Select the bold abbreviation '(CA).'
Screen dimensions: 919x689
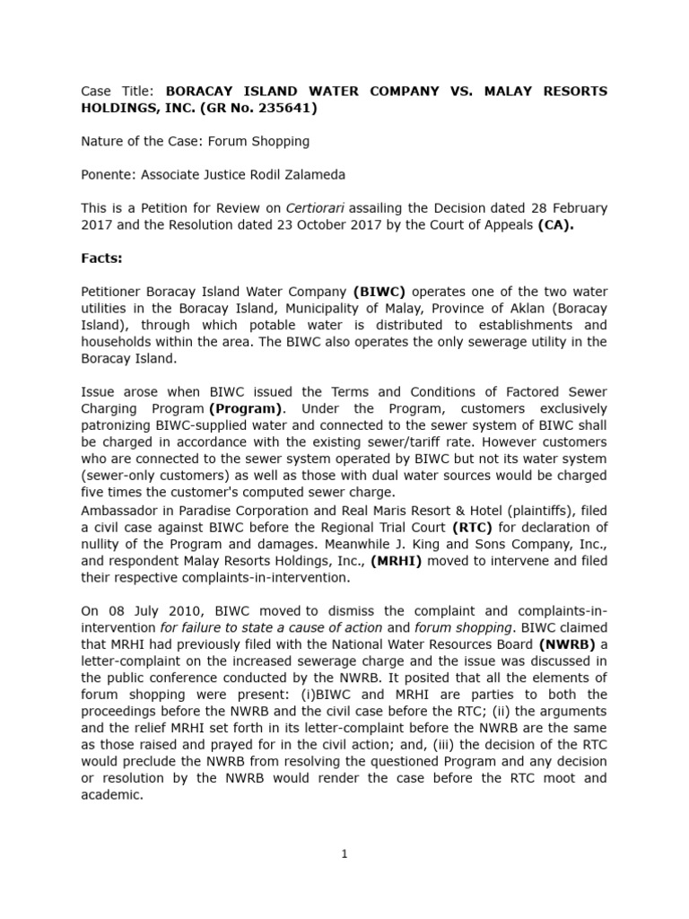555,225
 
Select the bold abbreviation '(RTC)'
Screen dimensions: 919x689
475,526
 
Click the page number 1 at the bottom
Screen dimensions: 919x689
344,854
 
